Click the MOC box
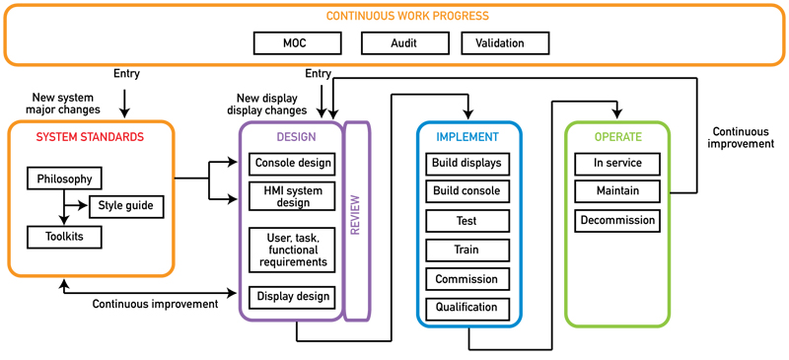297,43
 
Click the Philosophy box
65,179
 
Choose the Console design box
293,163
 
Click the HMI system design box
293,196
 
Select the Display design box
293,296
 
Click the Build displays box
466,163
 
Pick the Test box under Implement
466,221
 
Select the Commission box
466,278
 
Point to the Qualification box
466,308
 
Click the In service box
617,163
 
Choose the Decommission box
617,220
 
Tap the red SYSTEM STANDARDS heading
90,137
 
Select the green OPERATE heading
617,137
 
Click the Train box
466,250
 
